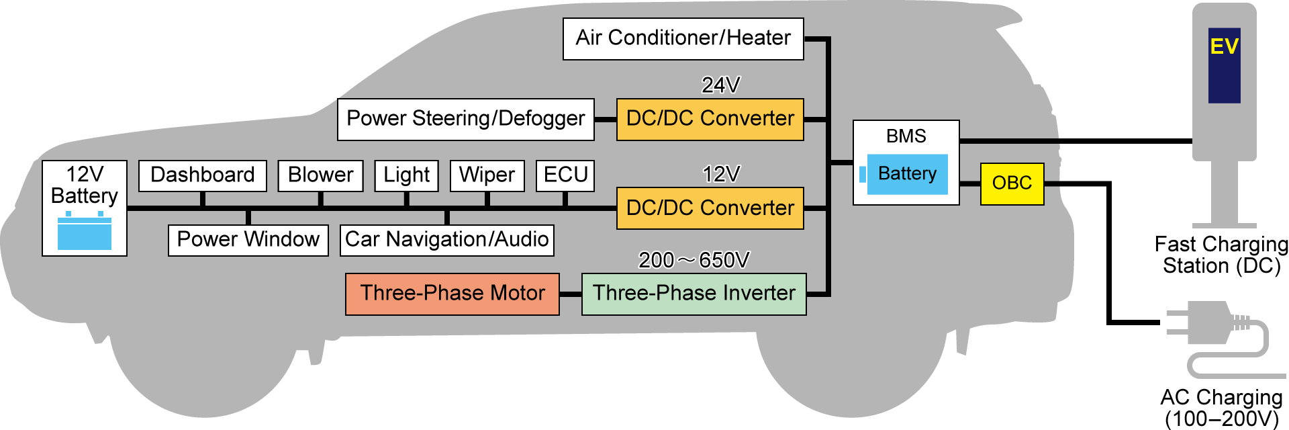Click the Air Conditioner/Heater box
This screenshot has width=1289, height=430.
point(683,39)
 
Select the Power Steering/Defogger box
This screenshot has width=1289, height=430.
point(465,120)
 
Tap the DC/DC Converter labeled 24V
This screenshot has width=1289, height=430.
point(710,120)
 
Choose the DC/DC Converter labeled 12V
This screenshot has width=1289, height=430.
point(710,208)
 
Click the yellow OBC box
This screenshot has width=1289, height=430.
point(1012,183)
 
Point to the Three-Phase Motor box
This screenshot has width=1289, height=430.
point(452,294)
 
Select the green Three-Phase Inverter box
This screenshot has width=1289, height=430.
point(694,294)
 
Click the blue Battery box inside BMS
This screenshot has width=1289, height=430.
point(906,174)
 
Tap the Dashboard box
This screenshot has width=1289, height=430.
point(202,175)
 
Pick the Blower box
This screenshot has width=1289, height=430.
point(320,175)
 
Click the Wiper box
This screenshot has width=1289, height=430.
point(487,175)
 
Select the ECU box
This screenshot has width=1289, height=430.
point(565,175)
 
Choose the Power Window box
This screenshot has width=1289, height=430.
point(248,240)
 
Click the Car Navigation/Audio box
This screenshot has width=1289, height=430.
point(446,240)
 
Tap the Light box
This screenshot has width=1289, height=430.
point(406,175)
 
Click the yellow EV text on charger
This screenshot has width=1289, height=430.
point(1224,46)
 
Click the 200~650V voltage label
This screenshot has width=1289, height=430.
point(694,260)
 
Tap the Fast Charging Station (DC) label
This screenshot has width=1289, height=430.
point(1221,255)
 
